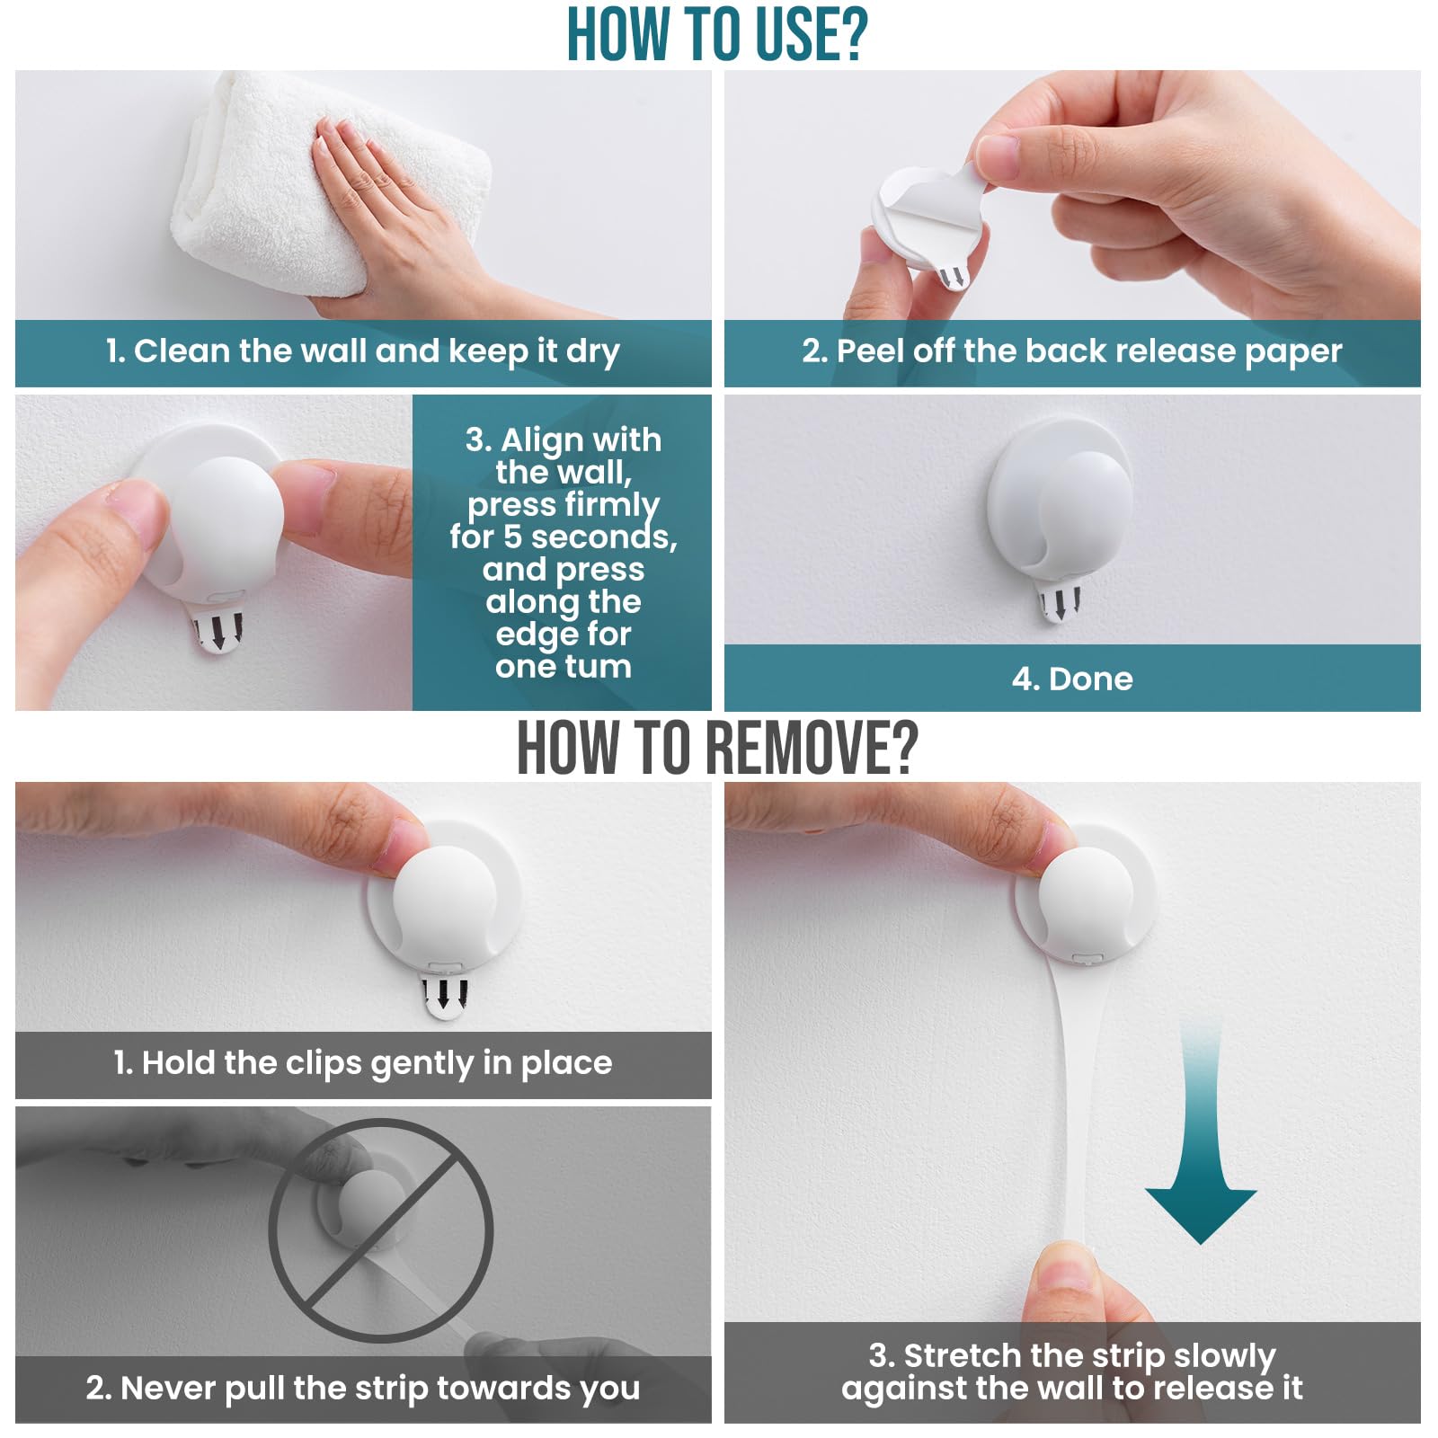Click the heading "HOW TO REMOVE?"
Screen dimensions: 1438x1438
pyautogui.click(x=717, y=748)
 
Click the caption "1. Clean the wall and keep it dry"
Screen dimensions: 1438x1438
pyautogui.click(x=362, y=351)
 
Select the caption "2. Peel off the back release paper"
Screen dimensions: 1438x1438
pyautogui.click(x=1071, y=351)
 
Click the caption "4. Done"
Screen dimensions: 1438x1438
pyautogui.click(x=1072, y=679)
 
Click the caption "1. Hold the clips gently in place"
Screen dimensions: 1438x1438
pyautogui.click(x=362, y=1063)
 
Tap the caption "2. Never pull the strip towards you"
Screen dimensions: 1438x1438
pyautogui.click(x=362, y=1389)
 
